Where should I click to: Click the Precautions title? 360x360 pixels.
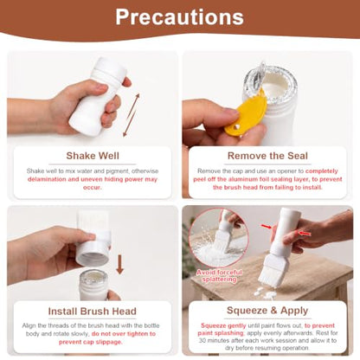179,16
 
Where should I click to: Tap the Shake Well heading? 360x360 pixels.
93,156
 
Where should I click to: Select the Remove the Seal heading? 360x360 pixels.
267,156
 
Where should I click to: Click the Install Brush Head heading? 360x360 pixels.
93,312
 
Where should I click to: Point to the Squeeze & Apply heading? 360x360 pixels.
267,311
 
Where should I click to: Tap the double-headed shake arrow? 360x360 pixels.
132,115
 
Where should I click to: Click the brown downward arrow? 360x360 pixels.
119,264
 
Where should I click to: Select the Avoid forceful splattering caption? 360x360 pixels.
219,276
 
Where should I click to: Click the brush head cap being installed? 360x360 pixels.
93,239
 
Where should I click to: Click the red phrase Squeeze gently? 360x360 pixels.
223,325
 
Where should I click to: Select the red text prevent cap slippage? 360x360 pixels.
91,342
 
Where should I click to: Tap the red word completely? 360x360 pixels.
322,171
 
